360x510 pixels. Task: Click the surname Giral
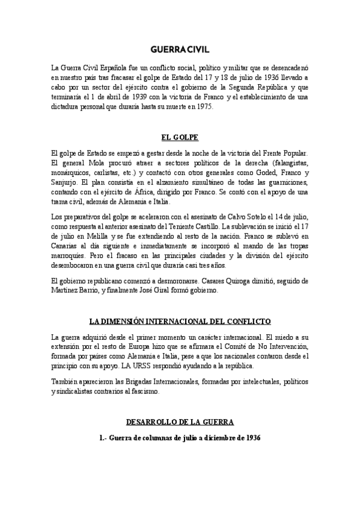(x=160, y=290)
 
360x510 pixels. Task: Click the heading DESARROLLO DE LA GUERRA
(x=180, y=422)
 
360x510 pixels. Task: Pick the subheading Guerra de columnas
(x=145, y=438)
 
